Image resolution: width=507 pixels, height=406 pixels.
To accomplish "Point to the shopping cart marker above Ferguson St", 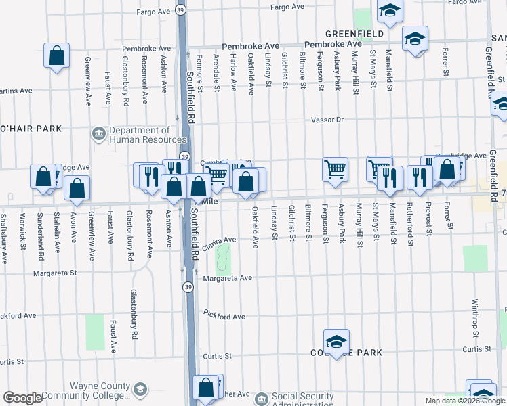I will pyautogui.click(x=335, y=170).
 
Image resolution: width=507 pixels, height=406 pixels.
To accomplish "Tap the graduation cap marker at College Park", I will pyautogui.click(x=336, y=342).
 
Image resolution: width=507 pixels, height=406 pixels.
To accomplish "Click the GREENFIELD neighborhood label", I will pyautogui.click(x=354, y=33).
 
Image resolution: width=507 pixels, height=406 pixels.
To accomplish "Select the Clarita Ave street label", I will pyautogui.click(x=222, y=240).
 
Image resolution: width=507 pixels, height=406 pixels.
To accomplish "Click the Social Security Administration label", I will pyautogui.click(x=302, y=400).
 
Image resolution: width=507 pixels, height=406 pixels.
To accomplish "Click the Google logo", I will pyautogui.click(x=22, y=398).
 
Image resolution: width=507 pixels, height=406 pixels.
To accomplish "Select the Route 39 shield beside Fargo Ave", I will pyautogui.click(x=180, y=10).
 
